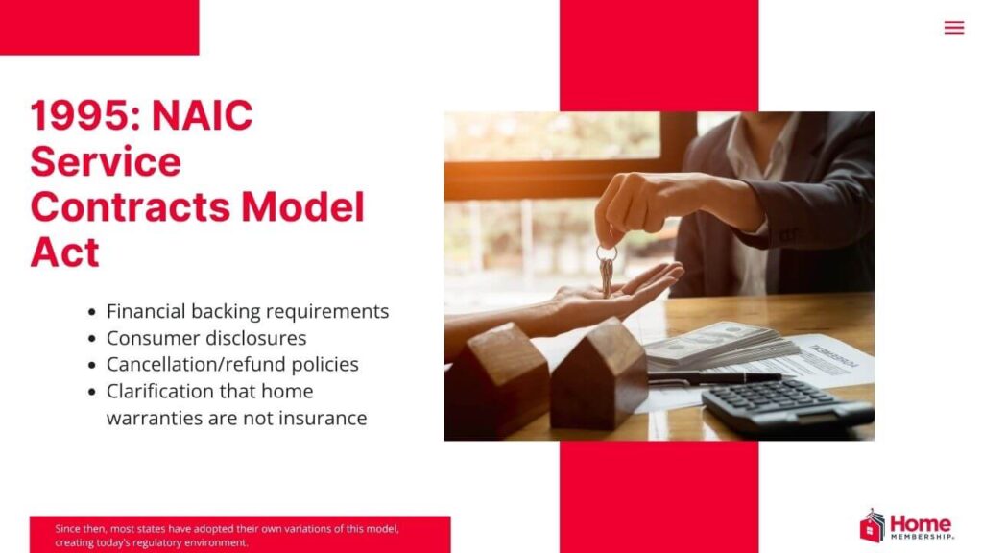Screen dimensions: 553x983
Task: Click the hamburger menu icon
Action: (x=953, y=28)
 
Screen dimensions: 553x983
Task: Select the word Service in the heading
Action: (x=106, y=161)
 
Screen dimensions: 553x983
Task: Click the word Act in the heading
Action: (x=64, y=252)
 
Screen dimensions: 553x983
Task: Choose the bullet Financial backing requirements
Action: (x=247, y=311)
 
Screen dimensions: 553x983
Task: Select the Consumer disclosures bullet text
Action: (x=206, y=338)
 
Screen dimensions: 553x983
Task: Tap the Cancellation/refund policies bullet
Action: (x=232, y=365)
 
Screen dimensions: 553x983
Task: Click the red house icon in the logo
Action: (x=872, y=526)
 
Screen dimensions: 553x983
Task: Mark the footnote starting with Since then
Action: (x=227, y=535)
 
